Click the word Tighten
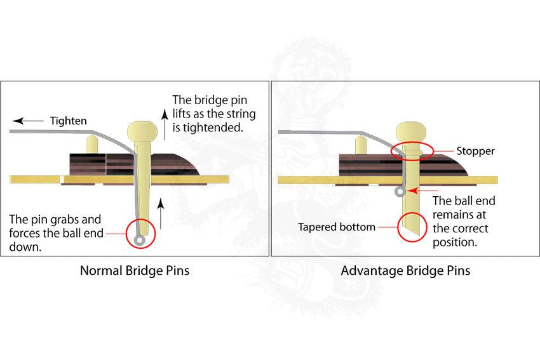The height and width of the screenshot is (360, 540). (x=68, y=121)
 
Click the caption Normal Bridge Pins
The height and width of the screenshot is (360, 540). (x=135, y=270)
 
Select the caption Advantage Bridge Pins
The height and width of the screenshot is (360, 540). (x=405, y=270)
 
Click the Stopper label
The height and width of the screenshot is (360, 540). (x=475, y=152)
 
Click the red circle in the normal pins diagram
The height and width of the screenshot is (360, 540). (x=141, y=233)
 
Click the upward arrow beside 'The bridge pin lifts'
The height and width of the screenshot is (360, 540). (x=163, y=123)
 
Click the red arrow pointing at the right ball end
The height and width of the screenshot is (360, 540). (x=419, y=189)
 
